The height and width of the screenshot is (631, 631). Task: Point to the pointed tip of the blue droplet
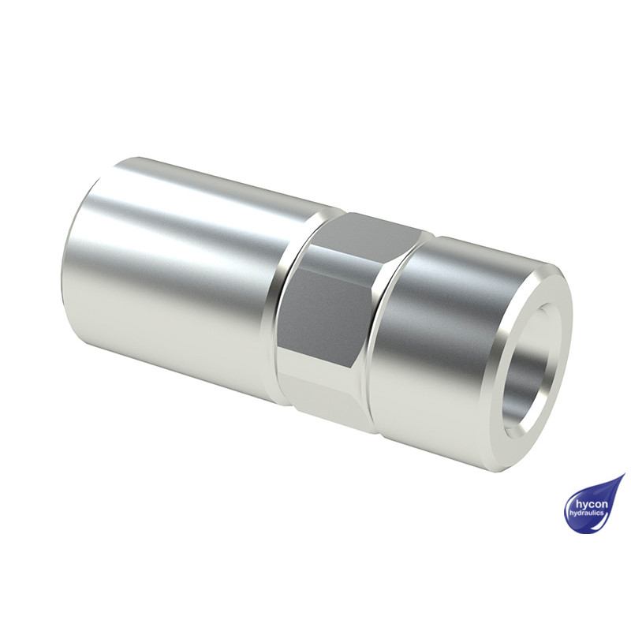[623, 476]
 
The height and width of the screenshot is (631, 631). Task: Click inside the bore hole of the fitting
[532, 371]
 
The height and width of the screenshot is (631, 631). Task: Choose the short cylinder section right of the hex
[434, 339]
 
